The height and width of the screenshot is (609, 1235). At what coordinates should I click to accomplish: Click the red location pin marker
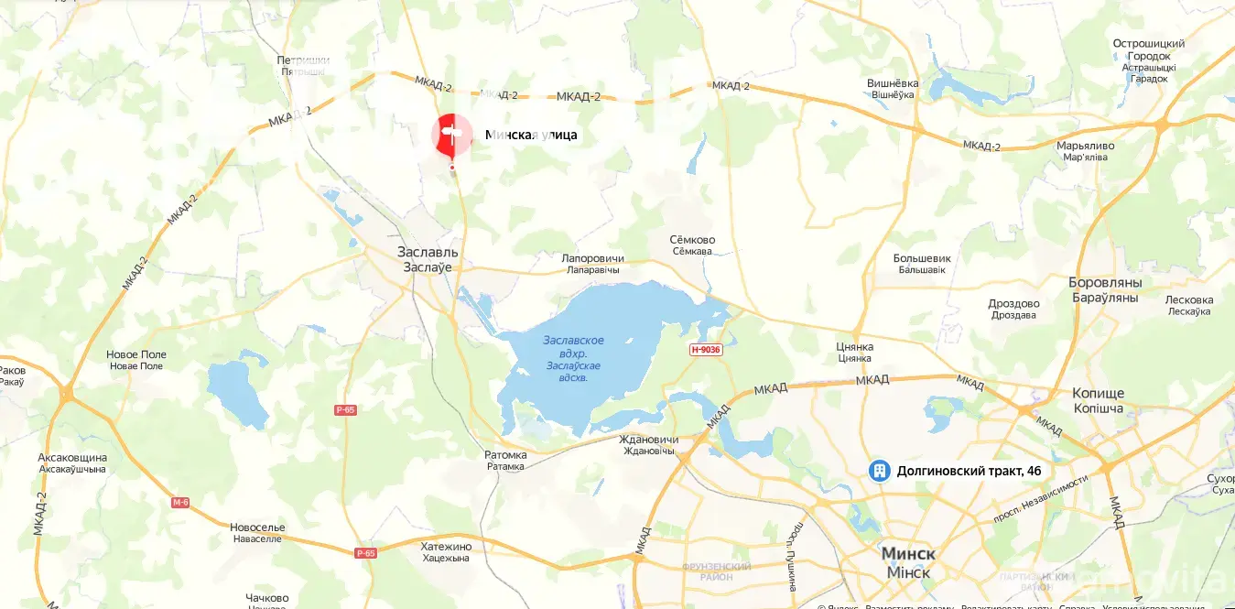pos(452,136)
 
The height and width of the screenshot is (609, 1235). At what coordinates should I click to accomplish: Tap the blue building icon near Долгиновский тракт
pos(879,471)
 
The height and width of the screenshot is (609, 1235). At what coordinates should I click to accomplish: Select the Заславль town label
pos(429,252)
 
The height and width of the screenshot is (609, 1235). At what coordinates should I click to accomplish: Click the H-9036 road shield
pos(706,350)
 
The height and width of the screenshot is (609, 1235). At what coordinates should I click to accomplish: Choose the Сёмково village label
pos(693,240)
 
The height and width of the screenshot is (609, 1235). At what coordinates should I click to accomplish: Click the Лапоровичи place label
pos(592,259)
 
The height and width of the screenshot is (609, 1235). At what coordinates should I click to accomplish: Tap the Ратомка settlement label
pos(505,455)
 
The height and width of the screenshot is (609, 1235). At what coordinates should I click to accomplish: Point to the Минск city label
pos(907,554)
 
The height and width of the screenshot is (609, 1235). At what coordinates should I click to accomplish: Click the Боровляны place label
pos(1103,282)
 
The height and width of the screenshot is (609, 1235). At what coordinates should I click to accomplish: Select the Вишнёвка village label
pos(893,83)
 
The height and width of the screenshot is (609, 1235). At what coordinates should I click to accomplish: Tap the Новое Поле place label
pos(135,354)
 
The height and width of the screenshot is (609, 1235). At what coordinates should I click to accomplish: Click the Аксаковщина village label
pos(72,457)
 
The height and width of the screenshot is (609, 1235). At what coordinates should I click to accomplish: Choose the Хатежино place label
pos(446,547)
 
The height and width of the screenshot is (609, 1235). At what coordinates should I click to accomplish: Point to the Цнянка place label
pos(855,347)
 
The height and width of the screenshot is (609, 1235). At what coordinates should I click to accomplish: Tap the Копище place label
pos(1098,393)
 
